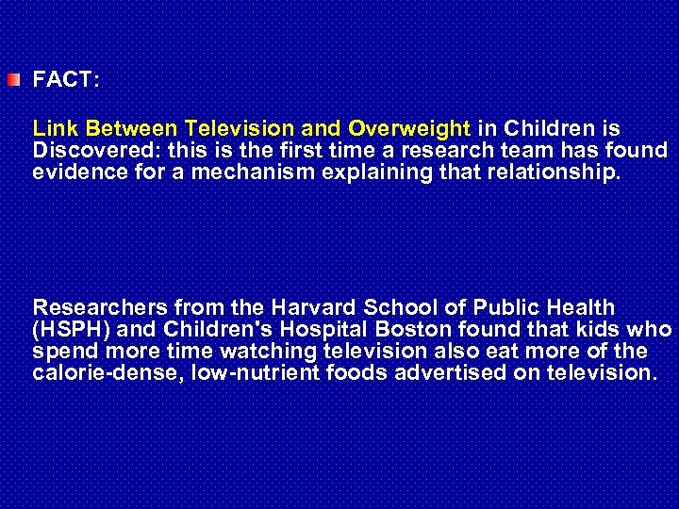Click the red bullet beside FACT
[10, 80]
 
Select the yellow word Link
[52, 127]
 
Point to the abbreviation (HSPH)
[68, 330]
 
